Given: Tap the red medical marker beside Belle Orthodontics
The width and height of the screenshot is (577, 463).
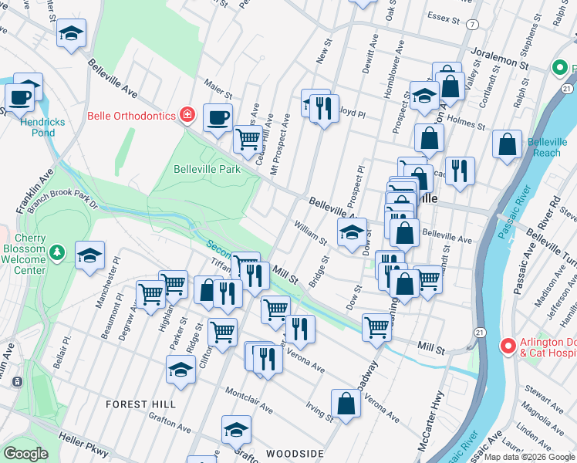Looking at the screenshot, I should (x=187, y=116).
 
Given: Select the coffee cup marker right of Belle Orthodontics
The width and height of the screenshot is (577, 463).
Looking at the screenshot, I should (x=218, y=118).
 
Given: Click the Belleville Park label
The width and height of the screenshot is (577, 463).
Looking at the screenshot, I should (x=206, y=169).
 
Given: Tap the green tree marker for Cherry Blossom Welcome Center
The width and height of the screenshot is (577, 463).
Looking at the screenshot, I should (x=56, y=252).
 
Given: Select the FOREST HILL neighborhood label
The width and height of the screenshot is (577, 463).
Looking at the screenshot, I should (x=140, y=404).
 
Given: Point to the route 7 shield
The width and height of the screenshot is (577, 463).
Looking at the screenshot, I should (x=471, y=25).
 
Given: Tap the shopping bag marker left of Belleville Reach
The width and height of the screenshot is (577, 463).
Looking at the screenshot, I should (x=507, y=144).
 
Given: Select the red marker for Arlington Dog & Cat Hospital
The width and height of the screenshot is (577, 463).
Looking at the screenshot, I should (x=507, y=346).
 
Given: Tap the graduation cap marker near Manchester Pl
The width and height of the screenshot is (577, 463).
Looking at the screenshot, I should (x=90, y=255).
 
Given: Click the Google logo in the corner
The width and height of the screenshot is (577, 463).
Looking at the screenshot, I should (x=25, y=454).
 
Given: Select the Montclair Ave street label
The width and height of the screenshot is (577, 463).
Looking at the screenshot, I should (x=248, y=400).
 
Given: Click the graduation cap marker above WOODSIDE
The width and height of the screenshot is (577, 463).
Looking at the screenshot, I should (x=236, y=428).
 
